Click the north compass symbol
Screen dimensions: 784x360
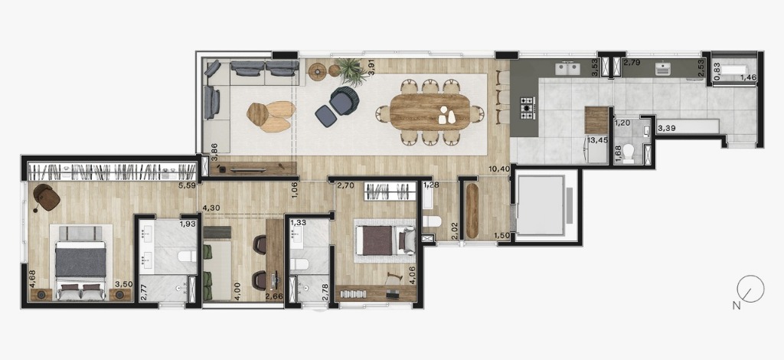click(x=750, y=290)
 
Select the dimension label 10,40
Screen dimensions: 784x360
click(x=501, y=169)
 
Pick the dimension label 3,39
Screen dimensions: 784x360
click(x=665, y=129)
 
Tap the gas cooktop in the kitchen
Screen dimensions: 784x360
click(x=527, y=108)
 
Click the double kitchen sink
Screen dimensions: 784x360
click(x=570, y=68)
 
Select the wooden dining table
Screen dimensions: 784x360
click(x=430, y=112)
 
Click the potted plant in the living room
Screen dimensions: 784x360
click(x=352, y=70)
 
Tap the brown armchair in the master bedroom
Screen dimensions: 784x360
click(x=47, y=198)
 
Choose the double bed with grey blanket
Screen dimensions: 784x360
click(x=80, y=263)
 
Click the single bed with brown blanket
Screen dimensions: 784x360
click(x=385, y=241)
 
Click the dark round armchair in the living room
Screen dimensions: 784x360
click(x=345, y=100)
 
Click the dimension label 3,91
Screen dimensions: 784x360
click(x=371, y=67)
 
